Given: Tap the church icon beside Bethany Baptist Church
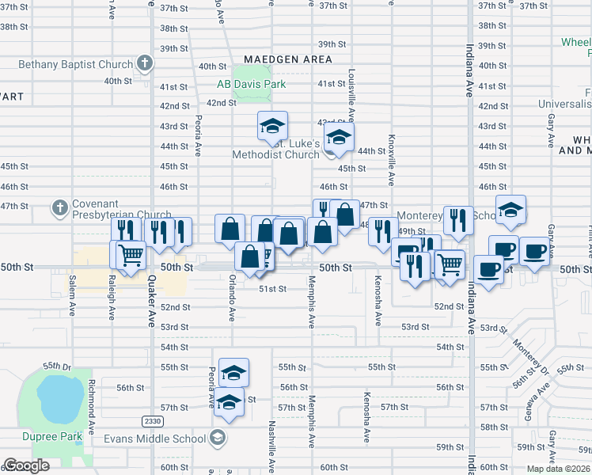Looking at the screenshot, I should (x=144, y=63).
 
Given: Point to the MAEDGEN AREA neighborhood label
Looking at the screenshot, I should (x=287, y=59).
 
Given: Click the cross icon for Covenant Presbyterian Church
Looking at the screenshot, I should (x=59, y=208).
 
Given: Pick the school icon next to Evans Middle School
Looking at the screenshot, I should (x=216, y=439).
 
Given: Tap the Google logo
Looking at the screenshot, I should (x=26, y=465).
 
